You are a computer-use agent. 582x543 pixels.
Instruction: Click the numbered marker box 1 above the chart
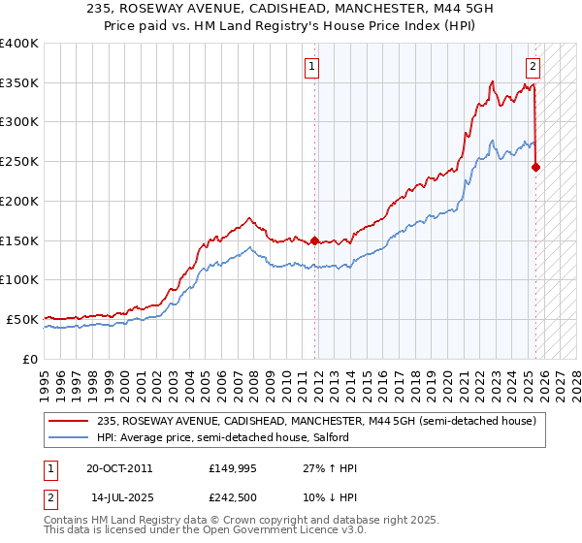pyautogui.click(x=312, y=67)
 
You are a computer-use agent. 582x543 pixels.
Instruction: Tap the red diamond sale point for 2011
pyautogui.click(x=314, y=240)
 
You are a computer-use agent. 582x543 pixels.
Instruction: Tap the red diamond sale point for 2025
pyautogui.click(x=536, y=167)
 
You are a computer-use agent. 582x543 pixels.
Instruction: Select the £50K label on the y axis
pyautogui.click(x=22, y=319)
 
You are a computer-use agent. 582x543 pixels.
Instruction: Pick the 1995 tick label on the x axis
pyautogui.click(x=45, y=378)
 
